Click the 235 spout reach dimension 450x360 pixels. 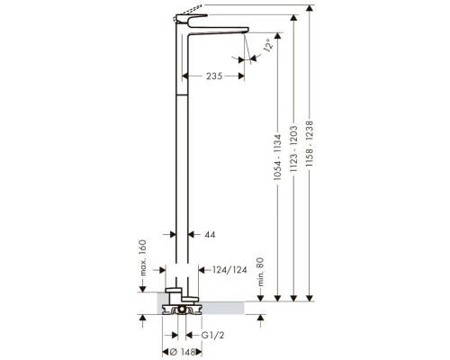214,76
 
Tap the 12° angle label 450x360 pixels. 268,45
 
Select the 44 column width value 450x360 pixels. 210,234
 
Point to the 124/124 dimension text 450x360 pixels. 229,270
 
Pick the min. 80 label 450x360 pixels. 260,272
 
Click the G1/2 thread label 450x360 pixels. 212,335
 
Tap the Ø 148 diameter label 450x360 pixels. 183,351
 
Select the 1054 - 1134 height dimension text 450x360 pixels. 278,157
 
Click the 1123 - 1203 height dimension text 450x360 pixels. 293,148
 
